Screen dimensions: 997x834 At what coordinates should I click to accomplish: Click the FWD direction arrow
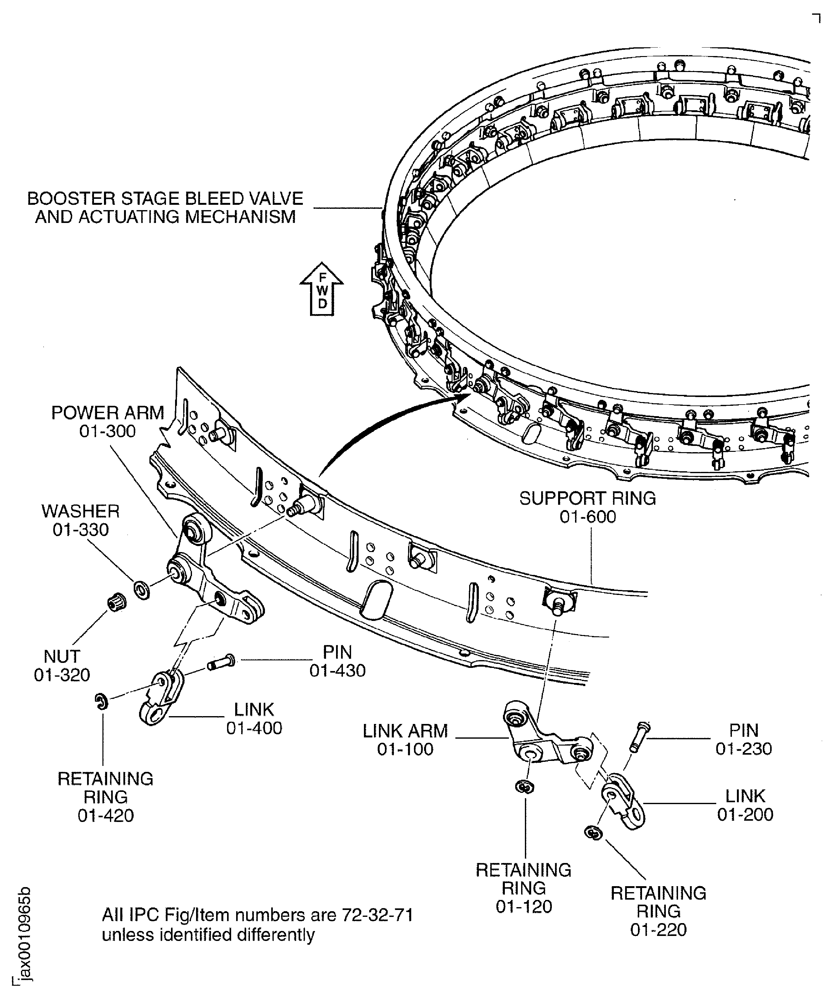(322, 290)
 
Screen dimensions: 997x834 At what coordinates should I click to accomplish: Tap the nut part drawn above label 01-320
(114, 602)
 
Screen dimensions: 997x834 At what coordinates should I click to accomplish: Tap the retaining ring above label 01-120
(524, 787)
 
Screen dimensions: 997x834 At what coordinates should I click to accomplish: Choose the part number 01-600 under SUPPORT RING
(588, 517)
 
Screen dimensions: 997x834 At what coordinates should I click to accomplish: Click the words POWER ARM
(107, 413)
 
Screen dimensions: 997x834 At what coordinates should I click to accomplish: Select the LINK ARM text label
(405, 731)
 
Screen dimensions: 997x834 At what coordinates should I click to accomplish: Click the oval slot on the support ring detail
(378, 600)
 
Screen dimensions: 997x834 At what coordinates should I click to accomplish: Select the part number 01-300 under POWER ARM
(107, 431)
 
